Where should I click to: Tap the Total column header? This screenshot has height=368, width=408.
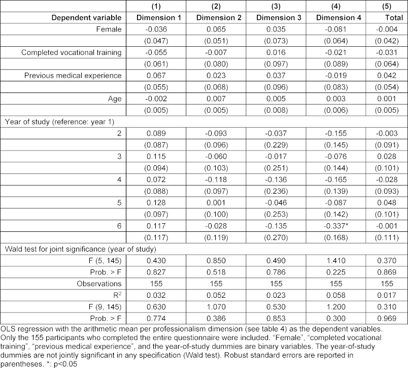[390, 18]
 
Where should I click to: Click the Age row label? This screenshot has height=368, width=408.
[116, 98]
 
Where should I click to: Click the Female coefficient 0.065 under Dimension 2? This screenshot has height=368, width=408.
[219, 29]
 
